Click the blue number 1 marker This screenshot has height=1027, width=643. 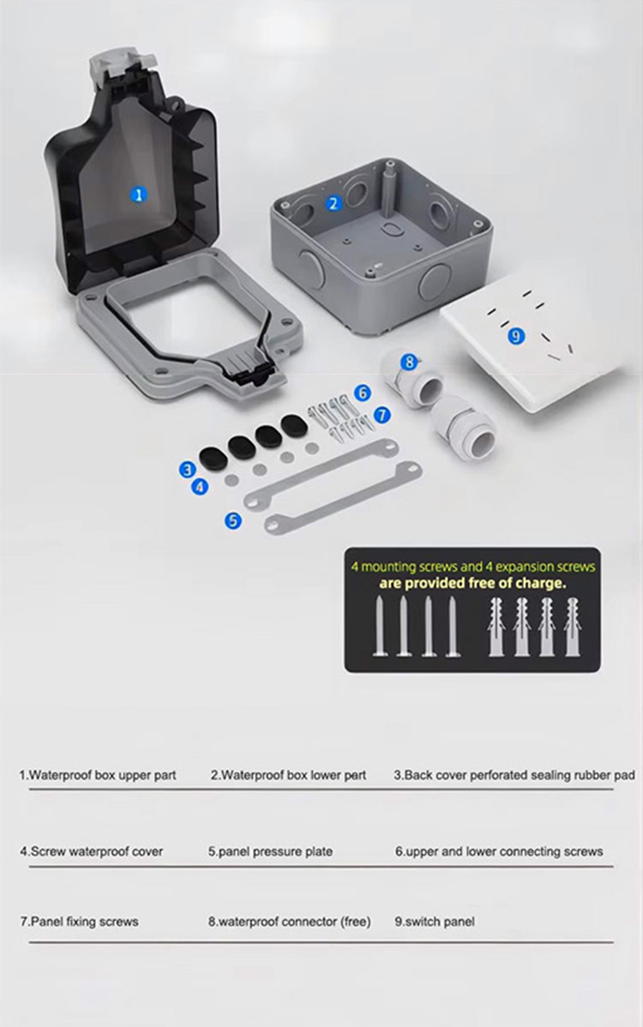click(139, 195)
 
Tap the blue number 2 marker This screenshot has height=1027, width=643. click(334, 204)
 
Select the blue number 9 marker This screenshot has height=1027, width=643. click(516, 336)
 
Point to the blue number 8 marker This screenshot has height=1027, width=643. click(409, 361)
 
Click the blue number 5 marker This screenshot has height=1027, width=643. click(233, 520)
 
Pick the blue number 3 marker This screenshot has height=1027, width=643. click(188, 469)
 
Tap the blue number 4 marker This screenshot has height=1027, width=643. click(200, 487)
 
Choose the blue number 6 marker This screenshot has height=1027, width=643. click(362, 393)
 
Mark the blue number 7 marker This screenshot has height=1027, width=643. click(382, 415)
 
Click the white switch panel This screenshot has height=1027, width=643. click(537, 354)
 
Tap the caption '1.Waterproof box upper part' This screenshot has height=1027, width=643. click(98, 776)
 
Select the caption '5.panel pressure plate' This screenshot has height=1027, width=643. click(270, 851)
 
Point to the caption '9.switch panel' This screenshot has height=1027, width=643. click(434, 922)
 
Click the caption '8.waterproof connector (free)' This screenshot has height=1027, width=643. click(290, 922)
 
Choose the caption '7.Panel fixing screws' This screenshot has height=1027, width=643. click(79, 922)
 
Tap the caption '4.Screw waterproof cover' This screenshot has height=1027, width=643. click(91, 851)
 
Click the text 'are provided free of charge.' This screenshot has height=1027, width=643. click(472, 583)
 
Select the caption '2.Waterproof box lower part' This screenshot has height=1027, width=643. click(289, 776)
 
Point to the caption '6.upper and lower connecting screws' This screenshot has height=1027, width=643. click(499, 851)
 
